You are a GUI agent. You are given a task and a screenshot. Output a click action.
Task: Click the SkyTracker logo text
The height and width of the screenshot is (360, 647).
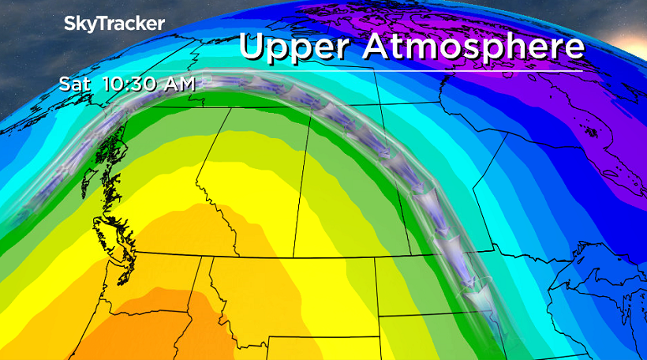(x=114, y=24)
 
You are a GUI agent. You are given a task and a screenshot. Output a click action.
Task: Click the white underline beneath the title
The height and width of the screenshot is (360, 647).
(x=410, y=71)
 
